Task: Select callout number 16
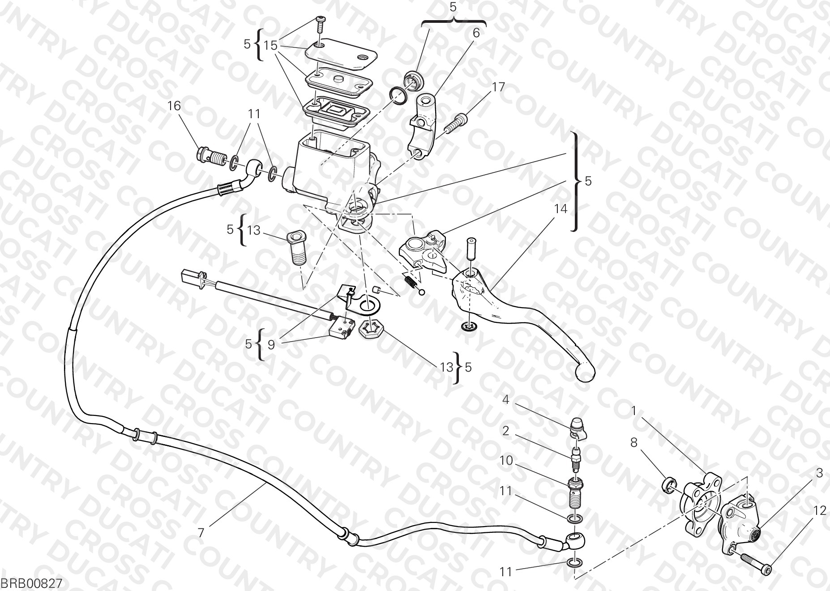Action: pos(174,106)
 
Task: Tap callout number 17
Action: pos(498,87)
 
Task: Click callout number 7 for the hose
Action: pos(201,533)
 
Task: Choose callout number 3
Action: pos(819,473)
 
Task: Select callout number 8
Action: pos(633,442)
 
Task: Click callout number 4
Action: pos(505,399)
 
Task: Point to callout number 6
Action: pos(476,33)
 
